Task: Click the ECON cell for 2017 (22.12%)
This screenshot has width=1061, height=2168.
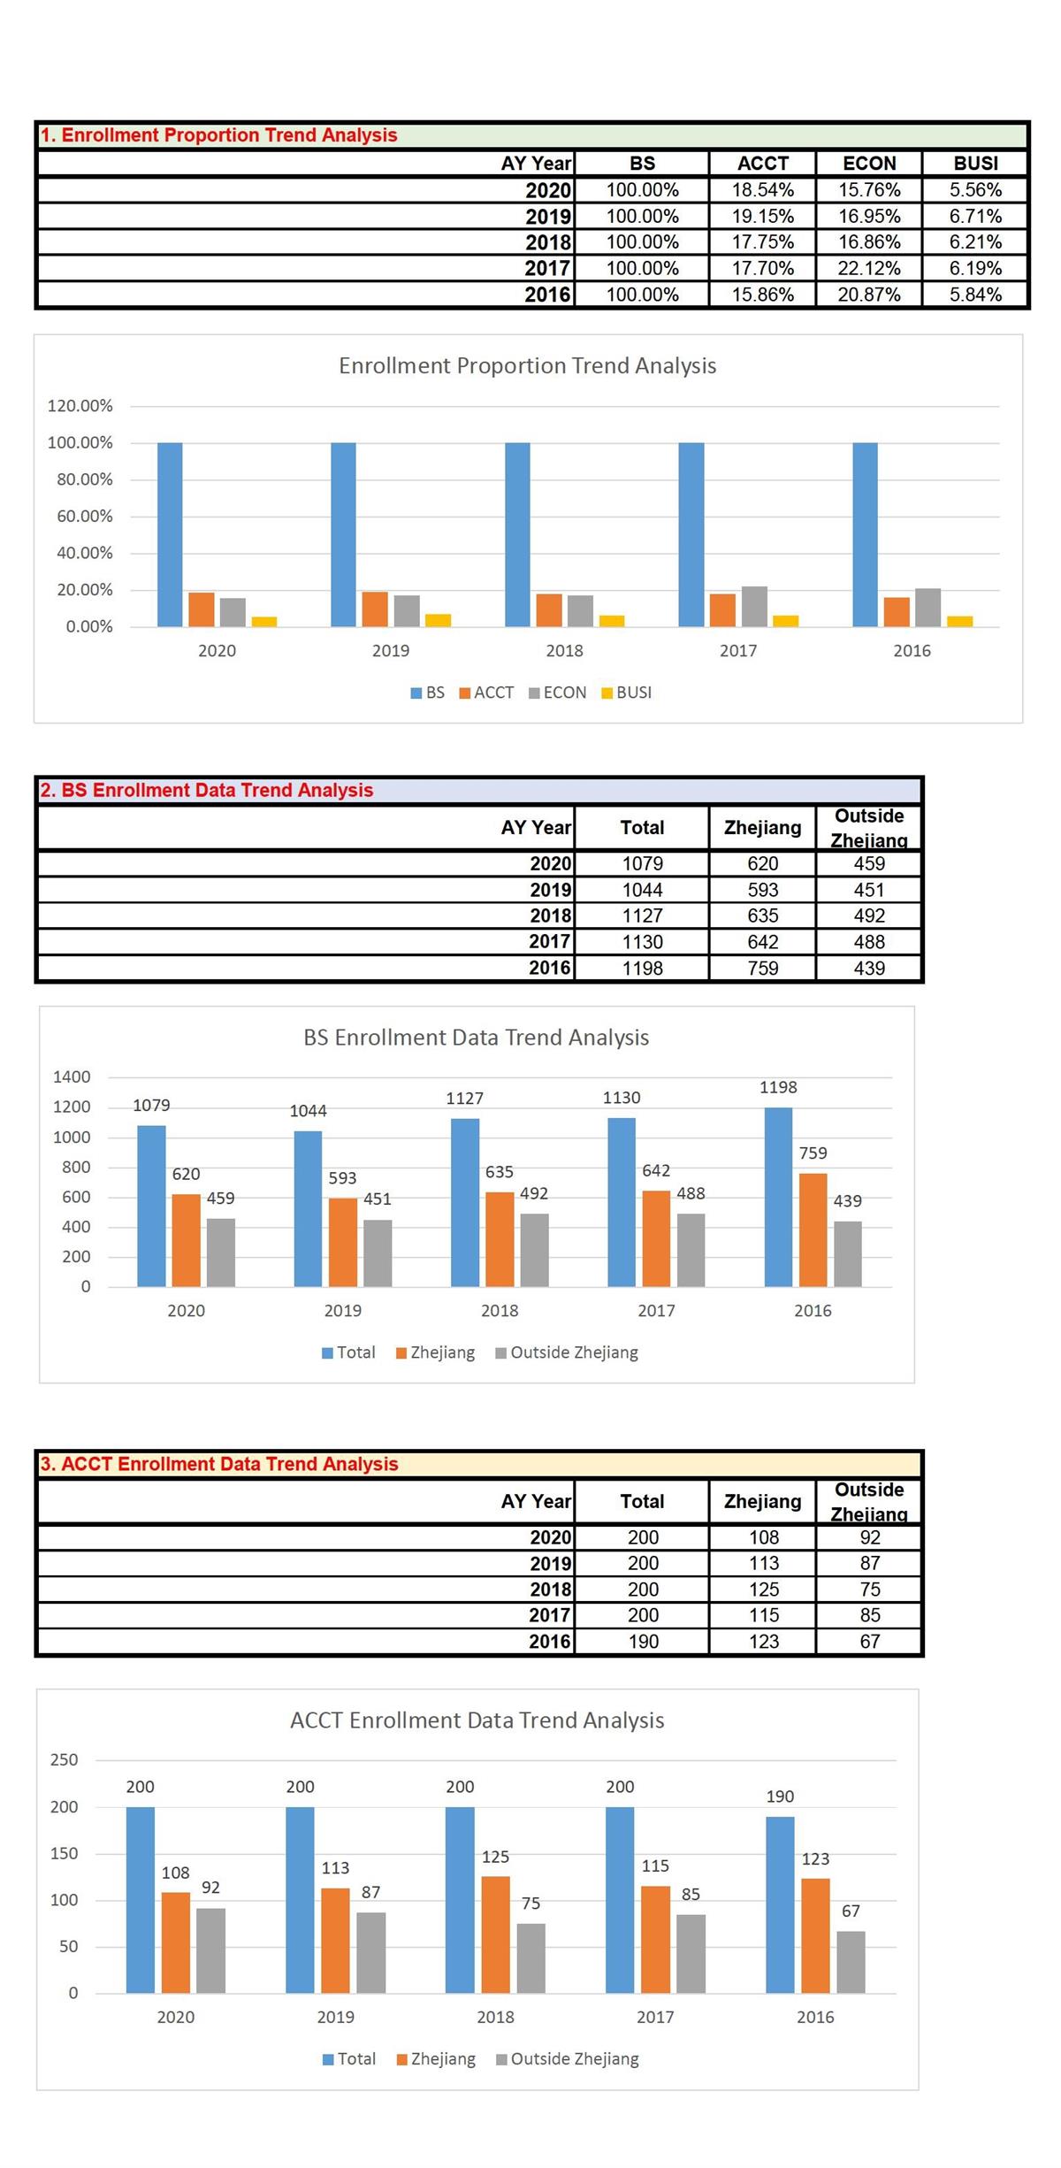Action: [x=869, y=268]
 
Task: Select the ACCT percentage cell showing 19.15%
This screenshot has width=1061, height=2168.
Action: [x=763, y=216]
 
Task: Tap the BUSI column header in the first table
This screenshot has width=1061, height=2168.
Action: [x=976, y=163]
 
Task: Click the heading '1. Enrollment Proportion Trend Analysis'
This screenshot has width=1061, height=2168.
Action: [x=218, y=135]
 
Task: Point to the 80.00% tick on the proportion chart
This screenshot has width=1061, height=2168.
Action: [x=85, y=479]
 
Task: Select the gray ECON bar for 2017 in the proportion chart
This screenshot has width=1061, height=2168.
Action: [x=754, y=606]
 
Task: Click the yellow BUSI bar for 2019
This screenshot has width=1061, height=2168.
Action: [x=438, y=620]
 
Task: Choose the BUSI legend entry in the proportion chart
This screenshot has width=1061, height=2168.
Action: [x=627, y=693]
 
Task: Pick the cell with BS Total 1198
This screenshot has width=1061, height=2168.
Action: [x=642, y=968]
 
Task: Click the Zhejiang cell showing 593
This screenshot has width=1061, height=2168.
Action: [x=763, y=889]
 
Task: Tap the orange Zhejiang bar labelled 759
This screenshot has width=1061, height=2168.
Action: [x=813, y=1230]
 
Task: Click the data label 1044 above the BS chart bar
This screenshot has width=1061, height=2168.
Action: [x=309, y=1111]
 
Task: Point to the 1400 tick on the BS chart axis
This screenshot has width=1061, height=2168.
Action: [x=72, y=1076]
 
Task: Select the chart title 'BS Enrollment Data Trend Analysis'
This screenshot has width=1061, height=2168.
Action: [x=477, y=1038]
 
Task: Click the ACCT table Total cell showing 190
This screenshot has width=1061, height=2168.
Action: [x=643, y=1641]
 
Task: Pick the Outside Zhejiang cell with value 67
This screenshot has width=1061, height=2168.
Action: [x=870, y=1641]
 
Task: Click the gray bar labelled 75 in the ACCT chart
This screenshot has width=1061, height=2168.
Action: [x=530, y=1957]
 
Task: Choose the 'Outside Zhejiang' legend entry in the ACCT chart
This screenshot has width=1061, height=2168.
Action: [x=568, y=2058]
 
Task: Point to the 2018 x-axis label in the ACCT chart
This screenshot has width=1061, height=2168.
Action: [x=495, y=2017]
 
